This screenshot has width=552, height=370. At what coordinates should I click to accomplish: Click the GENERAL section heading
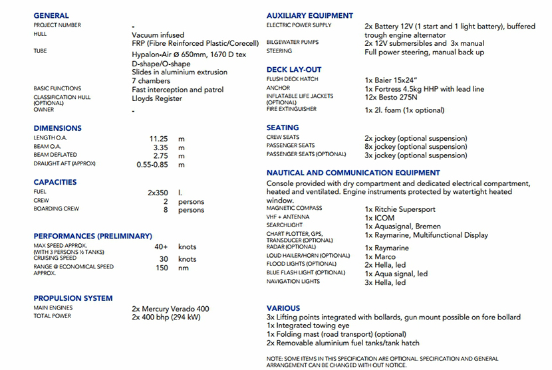51,16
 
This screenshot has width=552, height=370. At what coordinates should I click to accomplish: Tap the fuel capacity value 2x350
162,193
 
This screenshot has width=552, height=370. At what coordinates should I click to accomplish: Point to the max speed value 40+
162,246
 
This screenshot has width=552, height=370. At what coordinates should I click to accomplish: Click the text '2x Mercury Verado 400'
170,308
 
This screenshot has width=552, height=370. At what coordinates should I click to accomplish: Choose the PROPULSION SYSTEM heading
73,298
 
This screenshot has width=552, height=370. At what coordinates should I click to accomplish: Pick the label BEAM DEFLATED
55,155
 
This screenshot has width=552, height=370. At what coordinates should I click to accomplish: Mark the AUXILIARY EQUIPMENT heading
310,16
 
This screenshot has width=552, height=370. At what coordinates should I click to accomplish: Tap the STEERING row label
279,51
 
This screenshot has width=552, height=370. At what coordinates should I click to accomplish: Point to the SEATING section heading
283,128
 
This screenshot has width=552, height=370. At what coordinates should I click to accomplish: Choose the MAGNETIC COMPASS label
294,208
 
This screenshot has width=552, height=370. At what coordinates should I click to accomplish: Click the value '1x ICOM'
380,218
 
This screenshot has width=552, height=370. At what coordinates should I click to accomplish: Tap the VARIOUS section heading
283,308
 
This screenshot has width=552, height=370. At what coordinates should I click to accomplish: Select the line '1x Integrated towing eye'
309,326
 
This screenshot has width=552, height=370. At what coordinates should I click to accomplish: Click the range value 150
162,268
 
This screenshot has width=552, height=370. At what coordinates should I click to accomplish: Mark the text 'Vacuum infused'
158,35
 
